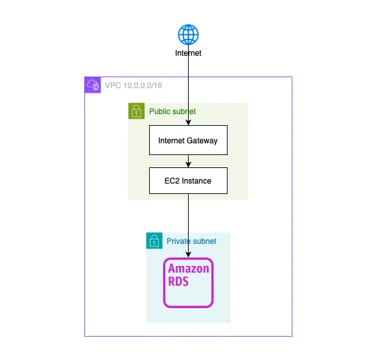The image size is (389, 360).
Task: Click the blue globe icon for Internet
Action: click(x=188, y=34)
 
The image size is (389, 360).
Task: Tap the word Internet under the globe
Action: click(x=188, y=53)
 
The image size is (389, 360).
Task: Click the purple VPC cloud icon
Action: click(x=92, y=85)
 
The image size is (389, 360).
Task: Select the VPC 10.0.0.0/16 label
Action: click(x=132, y=85)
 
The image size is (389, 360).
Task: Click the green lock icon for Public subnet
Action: click(x=136, y=111)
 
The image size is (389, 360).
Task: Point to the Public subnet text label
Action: click(x=172, y=112)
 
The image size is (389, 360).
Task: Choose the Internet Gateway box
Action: click(x=188, y=140)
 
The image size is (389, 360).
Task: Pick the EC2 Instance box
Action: click(x=188, y=180)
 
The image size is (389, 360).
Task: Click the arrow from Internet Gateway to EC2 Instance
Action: click(x=188, y=161)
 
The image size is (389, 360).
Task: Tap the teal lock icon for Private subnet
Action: click(x=154, y=241)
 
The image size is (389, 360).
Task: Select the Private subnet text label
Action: click(x=191, y=241)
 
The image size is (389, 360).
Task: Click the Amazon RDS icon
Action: click(x=188, y=282)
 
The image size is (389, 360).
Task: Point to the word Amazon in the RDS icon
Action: click(x=189, y=269)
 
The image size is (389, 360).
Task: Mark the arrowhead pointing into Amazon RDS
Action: click(x=188, y=255)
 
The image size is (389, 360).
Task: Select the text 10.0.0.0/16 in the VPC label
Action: click(x=142, y=85)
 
